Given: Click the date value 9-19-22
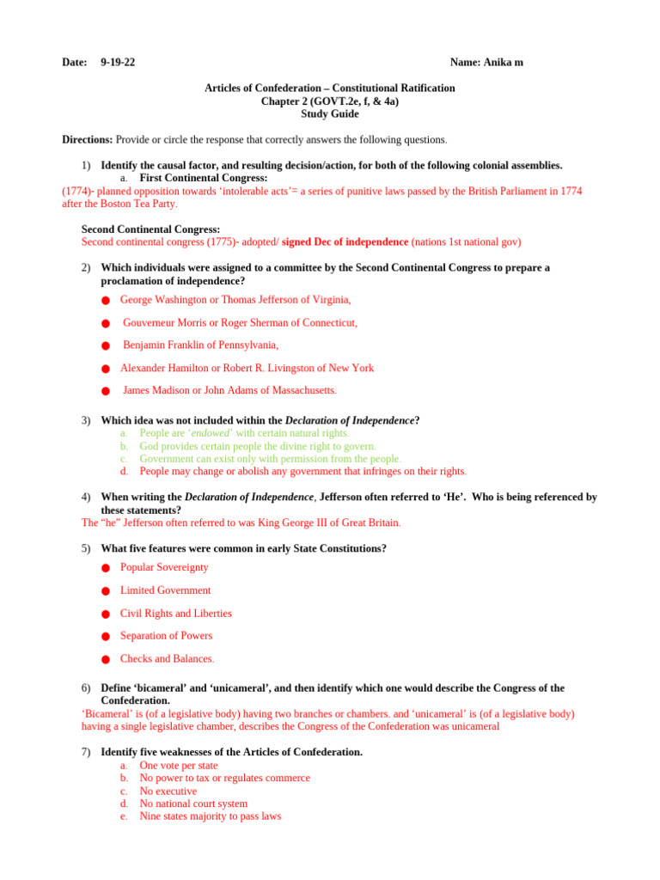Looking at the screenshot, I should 117,63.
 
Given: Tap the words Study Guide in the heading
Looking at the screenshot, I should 329,113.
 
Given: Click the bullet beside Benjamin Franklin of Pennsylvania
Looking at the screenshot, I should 105,346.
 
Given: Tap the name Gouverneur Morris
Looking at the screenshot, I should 163,322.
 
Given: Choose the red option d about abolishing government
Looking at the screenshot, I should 302,471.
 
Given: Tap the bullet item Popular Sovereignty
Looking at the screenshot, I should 164,567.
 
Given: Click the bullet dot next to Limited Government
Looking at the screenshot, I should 105,591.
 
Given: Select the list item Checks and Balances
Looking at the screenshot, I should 166,658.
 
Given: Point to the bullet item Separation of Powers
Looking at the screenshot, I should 166,636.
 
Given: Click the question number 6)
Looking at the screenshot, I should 86,688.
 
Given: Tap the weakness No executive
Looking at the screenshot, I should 168,791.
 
